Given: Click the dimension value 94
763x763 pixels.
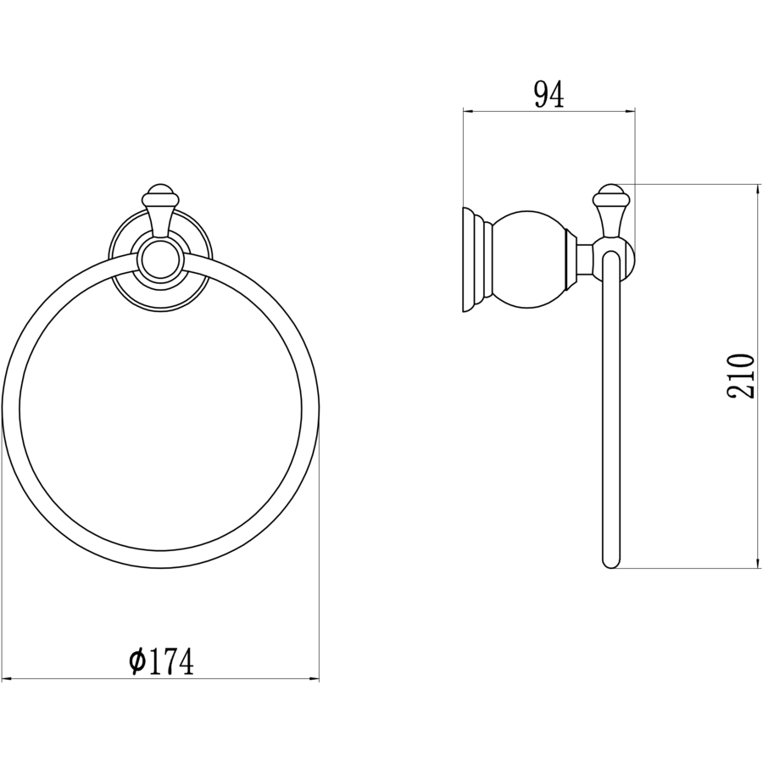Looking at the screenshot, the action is tap(549, 95).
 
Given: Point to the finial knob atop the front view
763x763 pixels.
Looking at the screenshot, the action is tap(160, 195).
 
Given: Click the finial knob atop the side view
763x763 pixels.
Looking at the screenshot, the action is tap(610, 195).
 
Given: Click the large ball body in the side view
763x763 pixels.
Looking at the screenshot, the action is tap(529, 259).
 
